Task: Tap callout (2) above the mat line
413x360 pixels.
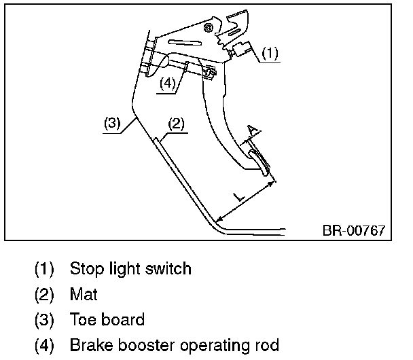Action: point(175,124)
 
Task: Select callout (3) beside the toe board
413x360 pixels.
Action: point(112,124)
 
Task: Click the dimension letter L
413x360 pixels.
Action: point(238,196)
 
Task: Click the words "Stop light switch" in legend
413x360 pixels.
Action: point(130,268)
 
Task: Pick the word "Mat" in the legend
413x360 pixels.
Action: point(84,294)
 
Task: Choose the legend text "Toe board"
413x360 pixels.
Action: point(107,319)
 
